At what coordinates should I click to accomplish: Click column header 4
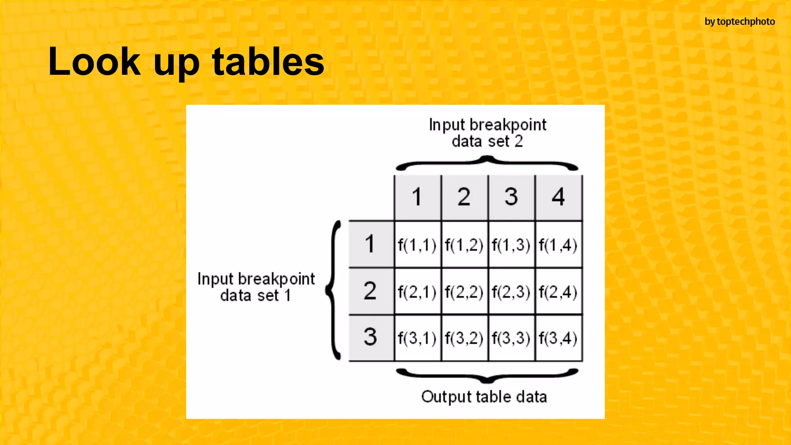click(558, 197)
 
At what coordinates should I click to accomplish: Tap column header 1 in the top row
click(417, 197)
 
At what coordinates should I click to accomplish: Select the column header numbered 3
click(511, 197)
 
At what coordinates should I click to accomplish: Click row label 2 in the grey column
click(370, 291)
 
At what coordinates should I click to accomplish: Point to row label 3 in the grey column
click(370, 337)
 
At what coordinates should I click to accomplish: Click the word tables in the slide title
click(268, 62)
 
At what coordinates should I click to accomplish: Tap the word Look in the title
click(95, 62)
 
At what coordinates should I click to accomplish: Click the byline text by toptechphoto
click(740, 22)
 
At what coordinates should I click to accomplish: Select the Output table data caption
click(484, 397)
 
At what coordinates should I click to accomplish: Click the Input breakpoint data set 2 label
click(487, 133)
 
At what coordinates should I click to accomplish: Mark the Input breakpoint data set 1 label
click(256, 287)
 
